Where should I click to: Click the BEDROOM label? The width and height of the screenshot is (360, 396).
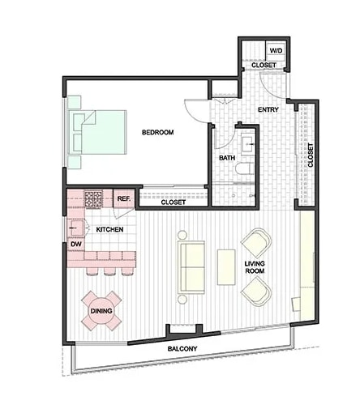point(159,132)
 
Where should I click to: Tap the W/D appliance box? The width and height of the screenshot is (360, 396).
point(275,50)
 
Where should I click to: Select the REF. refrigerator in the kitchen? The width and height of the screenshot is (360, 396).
point(124,198)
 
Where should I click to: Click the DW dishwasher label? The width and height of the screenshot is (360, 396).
point(75,242)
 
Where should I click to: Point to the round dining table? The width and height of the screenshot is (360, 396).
point(101,310)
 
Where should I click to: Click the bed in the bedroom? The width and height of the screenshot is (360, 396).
point(98,132)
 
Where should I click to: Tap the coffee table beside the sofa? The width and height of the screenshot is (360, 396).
point(225,267)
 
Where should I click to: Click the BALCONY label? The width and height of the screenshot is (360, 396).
point(183,350)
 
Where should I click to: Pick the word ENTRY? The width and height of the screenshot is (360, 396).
point(268,109)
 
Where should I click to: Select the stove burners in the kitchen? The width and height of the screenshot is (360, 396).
point(93,198)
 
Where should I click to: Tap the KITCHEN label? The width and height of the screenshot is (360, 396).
point(109,230)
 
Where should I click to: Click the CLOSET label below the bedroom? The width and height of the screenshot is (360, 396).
point(173,202)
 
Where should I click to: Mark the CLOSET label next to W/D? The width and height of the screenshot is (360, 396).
point(263,65)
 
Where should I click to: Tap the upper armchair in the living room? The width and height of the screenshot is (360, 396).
point(256,243)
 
